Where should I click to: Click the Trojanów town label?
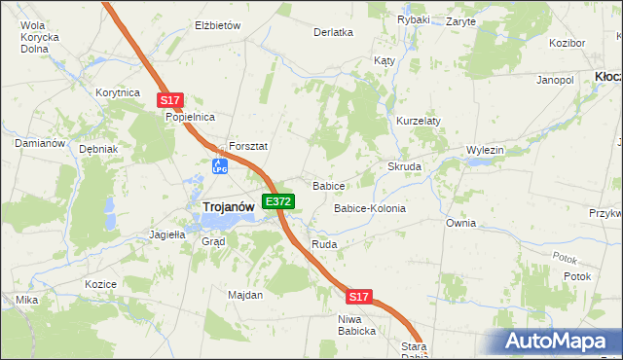pyautogui.click(x=229, y=206)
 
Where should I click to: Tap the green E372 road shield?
pyautogui.click(x=278, y=201)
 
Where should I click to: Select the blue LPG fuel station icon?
pyautogui.click(x=220, y=166)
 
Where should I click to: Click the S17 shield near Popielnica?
pyautogui.click(x=169, y=100)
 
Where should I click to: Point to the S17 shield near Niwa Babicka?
pyautogui.click(x=359, y=296)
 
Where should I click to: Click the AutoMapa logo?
pyautogui.click(x=562, y=341)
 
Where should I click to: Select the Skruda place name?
pyautogui.click(x=405, y=166)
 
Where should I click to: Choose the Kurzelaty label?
pyautogui.click(x=419, y=121)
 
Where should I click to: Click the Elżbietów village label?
pyautogui.click(x=218, y=25)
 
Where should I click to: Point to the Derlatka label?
pyautogui.click(x=333, y=31)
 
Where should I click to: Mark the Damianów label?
pyautogui.click(x=40, y=143)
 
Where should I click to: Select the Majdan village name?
pyautogui.click(x=245, y=295)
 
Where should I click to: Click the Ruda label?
pyautogui.click(x=324, y=244)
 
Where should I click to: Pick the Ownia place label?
pyautogui.click(x=460, y=223)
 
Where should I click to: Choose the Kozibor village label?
pyautogui.click(x=567, y=44)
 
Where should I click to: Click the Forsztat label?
pyautogui.click(x=248, y=146)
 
